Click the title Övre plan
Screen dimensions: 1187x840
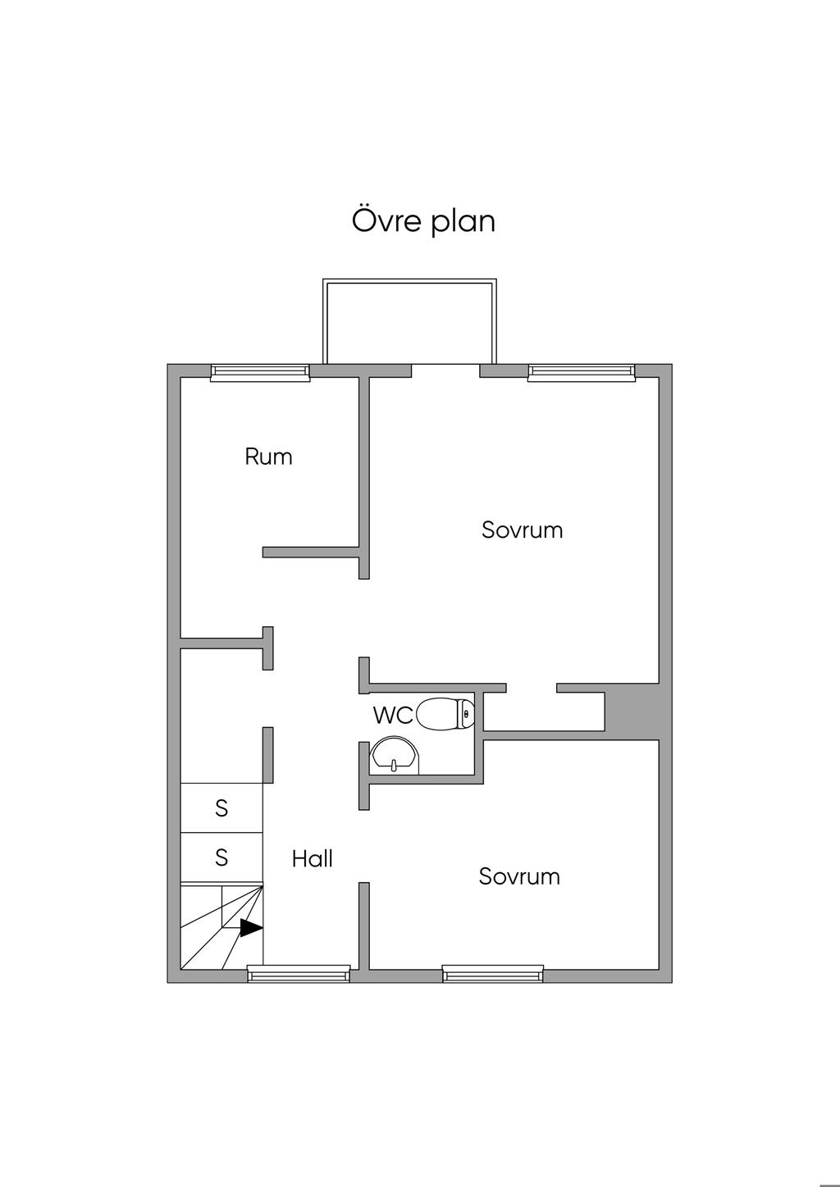[423, 221]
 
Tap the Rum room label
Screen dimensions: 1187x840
[268, 457]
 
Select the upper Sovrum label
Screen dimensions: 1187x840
[522, 530]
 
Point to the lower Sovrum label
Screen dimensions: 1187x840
[519, 876]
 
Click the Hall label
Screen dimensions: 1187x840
[312, 858]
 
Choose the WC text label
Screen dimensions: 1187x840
[393, 716]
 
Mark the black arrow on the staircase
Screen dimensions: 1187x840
[250, 928]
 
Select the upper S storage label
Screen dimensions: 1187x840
[221, 808]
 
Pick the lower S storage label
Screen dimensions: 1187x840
[221, 857]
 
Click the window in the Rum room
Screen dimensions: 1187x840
[260, 373]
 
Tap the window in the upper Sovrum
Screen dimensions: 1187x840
[581, 373]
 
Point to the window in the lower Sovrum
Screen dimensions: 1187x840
[492, 974]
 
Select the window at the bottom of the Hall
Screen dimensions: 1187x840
[299, 974]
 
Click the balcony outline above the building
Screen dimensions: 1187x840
[409, 321]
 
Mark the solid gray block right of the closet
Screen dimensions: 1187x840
[632, 711]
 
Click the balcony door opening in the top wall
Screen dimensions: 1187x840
[445, 371]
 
